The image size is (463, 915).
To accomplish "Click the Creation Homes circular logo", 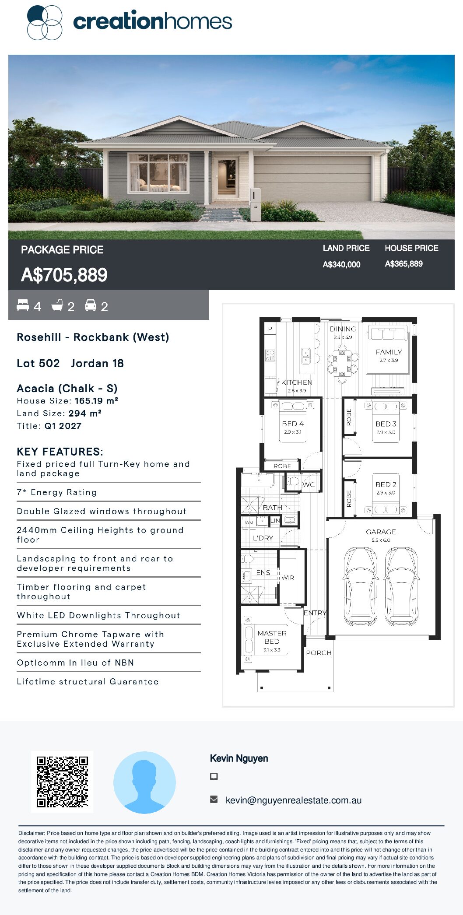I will pyautogui.click(x=45, y=22).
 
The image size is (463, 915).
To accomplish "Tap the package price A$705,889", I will pyautogui.click(x=64, y=275).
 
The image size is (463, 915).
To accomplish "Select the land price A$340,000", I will pyautogui.click(x=341, y=264).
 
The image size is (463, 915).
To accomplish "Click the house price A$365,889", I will pyautogui.click(x=403, y=264).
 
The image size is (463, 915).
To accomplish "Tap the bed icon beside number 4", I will pyautogui.click(x=23, y=305).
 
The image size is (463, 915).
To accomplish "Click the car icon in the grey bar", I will pyautogui.click(x=91, y=305).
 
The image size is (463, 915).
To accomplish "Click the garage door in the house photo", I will pyautogui.click(x=312, y=179).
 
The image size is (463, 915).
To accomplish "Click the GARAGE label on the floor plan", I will pyautogui.click(x=381, y=532).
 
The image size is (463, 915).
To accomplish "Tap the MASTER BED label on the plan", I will pyautogui.click(x=272, y=637).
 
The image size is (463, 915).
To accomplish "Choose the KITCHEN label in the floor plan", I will pyautogui.click(x=297, y=382).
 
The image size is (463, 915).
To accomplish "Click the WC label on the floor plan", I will pyautogui.click(x=309, y=484).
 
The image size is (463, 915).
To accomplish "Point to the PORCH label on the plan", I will pyautogui.click(x=319, y=652).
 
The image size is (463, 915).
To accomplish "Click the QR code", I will pyautogui.click(x=62, y=782).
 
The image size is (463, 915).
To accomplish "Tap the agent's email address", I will pyautogui.click(x=293, y=800).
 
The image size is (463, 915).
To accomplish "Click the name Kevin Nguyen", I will pyautogui.click(x=239, y=758).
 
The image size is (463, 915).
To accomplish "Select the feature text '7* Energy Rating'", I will pyautogui.click(x=57, y=492).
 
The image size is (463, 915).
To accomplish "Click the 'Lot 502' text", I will pyautogui.click(x=38, y=363).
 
